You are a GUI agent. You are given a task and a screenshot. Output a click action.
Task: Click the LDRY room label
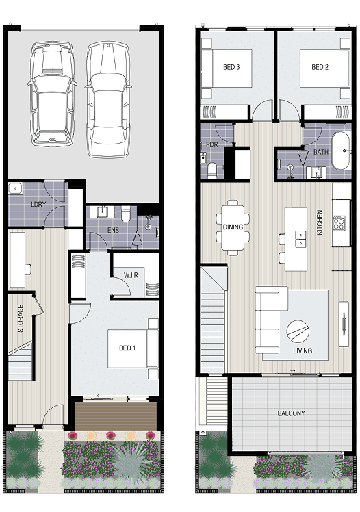(38, 205)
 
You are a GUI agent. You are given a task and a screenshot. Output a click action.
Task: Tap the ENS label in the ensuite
(113, 230)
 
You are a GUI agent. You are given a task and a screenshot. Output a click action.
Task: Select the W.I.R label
(131, 275)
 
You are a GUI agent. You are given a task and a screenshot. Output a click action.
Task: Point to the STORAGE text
(21, 318)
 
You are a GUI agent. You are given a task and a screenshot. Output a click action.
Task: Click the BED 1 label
(127, 348)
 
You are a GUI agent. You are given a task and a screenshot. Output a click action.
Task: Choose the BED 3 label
(231, 67)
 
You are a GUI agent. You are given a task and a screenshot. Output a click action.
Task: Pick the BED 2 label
(320, 67)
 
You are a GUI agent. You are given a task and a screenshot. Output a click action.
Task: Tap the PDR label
(212, 144)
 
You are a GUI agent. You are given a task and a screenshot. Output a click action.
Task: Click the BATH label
(321, 152)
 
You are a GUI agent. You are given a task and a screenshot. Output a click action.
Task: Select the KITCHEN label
(320, 222)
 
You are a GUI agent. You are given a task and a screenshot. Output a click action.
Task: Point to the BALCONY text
(291, 413)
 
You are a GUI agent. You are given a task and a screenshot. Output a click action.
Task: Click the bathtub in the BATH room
(341, 151)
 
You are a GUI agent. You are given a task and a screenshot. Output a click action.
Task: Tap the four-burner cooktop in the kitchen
(339, 223)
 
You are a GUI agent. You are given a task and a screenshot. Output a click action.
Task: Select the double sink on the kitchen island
(300, 239)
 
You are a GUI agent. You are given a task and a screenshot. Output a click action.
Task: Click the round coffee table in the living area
(298, 331)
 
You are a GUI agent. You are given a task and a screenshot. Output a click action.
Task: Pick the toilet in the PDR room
(212, 170)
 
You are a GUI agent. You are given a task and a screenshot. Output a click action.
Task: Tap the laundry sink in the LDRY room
(15, 188)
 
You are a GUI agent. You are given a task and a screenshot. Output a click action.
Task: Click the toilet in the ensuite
(126, 214)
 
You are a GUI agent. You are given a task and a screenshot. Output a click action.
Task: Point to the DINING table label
(233, 227)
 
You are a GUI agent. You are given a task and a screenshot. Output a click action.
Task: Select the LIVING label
(303, 350)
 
